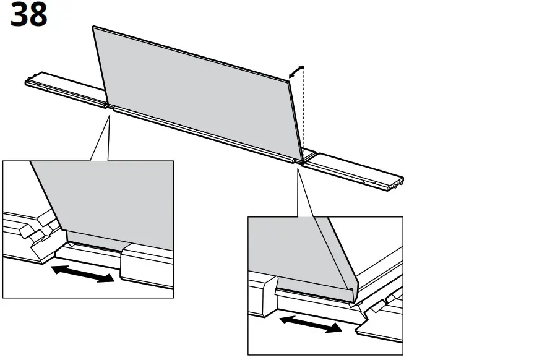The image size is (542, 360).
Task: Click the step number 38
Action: pos(28,15)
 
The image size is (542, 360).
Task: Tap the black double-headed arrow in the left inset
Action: pos(83,273)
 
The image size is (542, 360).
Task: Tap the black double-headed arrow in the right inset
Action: pos(310,323)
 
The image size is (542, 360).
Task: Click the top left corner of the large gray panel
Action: pos(93,27)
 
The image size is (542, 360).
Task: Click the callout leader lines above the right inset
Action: pos(304,192)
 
